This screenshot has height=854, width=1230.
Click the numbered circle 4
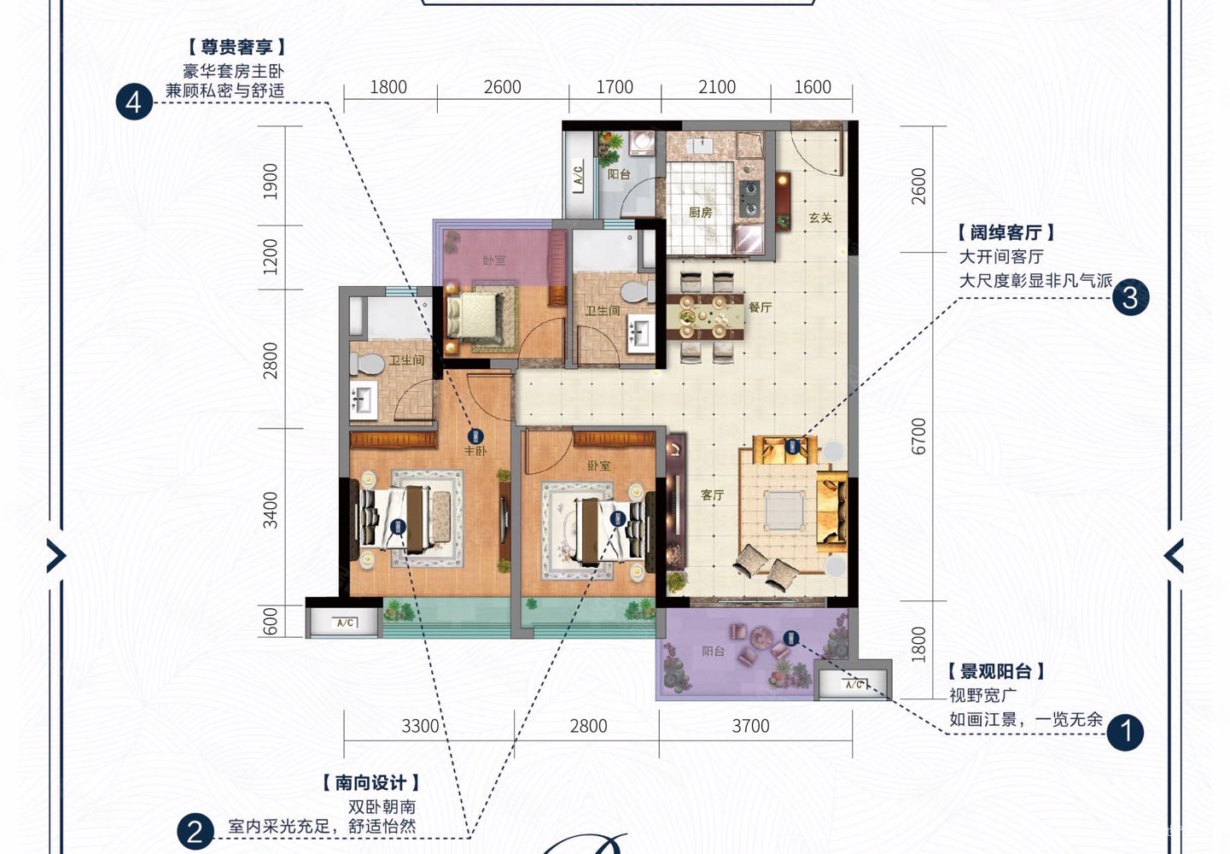pos(134,103)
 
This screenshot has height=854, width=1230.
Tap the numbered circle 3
pos(1130,297)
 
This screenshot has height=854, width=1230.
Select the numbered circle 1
pos(1125,732)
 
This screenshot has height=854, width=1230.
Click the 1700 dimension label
pos(615,87)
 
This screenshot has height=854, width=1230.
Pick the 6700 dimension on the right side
pos(918,436)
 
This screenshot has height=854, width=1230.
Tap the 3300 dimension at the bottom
pos(420,726)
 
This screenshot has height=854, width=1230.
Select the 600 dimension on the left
pos(271,621)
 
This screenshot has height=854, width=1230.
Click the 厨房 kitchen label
pos(700,212)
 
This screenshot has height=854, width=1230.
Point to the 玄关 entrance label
pos(820,218)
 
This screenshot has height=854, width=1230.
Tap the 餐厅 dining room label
pos(760,307)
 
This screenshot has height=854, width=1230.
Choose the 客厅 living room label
pos(712,494)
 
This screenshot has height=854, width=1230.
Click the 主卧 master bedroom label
pos(475,450)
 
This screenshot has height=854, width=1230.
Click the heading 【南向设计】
pos(371,782)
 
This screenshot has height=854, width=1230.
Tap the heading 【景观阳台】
pos(996,671)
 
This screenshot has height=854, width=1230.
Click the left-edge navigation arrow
pos(56,556)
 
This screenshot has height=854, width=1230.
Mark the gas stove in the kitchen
pos(749,198)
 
